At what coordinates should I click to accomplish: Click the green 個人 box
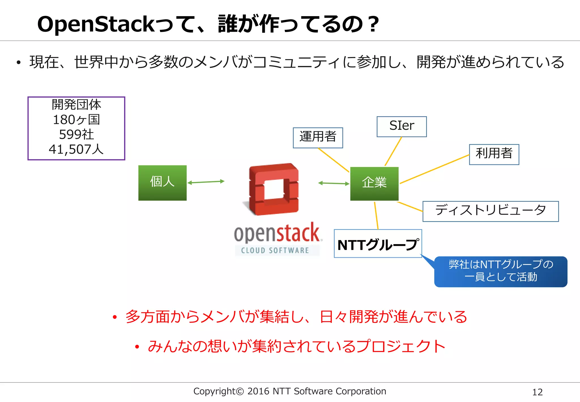click(x=162, y=183)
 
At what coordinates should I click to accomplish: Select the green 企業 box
click(x=374, y=183)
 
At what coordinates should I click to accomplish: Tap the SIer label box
click(x=402, y=126)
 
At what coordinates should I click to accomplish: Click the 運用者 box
click(x=318, y=137)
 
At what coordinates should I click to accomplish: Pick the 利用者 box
click(x=494, y=154)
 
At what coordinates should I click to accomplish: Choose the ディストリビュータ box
click(x=491, y=211)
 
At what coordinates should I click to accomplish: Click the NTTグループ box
click(x=378, y=244)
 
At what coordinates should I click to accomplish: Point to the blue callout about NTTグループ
click(x=501, y=271)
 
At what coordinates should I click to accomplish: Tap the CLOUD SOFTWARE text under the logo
click(x=275, y=250)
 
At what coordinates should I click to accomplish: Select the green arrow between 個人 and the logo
click(x=206, y=182)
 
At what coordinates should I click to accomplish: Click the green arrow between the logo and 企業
click(x=334, y=183)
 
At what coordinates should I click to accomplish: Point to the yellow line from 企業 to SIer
click(x=393, y=151)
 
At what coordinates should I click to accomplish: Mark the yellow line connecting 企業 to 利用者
click(x=434, y=169)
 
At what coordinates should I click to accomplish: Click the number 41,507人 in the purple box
click(x=76, y=149)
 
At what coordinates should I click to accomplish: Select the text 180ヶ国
click(x=76, y=120)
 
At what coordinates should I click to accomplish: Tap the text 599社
click(x=76, y=134)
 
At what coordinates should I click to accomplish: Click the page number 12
click(x=537, y=392)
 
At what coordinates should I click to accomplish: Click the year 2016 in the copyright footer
click(x=258, y=391)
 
